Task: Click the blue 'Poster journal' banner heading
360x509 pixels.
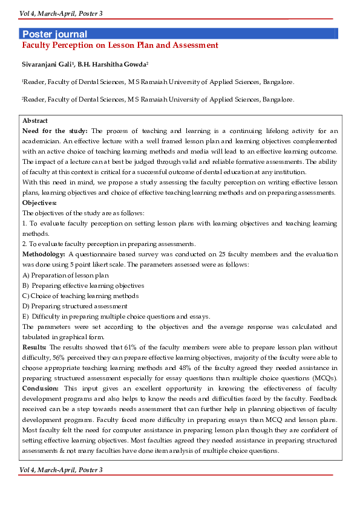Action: coord(54,34)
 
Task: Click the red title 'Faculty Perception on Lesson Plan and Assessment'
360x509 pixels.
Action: coord(120,45)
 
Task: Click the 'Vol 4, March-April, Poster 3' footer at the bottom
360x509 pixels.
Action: coord(61,470)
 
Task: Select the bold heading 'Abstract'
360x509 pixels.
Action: coord(34,122)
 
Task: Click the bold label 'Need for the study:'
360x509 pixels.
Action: coord(54,131)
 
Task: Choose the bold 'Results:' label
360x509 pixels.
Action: coord(34,348)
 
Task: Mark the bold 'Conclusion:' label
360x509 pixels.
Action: coord(41,387)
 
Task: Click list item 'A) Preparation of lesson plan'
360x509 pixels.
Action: coord(65,275)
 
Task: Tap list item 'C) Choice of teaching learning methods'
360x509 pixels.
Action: coord(80,296)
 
